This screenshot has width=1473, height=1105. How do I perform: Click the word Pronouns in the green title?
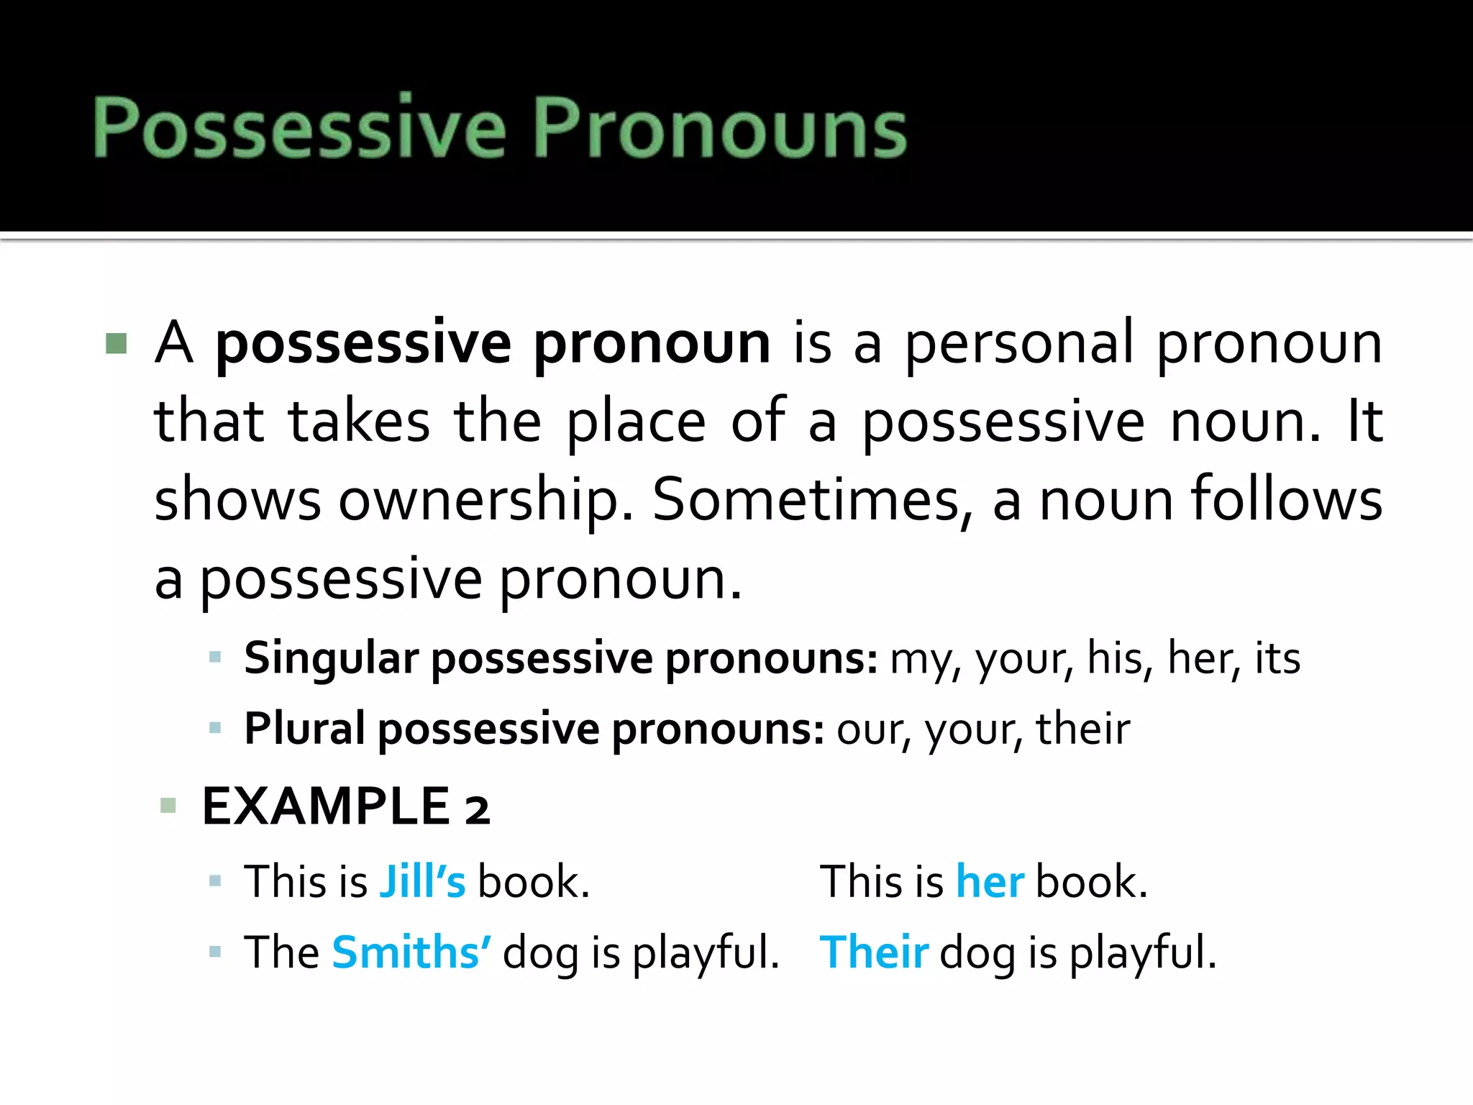[x=719, y=127]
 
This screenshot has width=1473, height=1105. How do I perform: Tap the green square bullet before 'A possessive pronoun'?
[x=116, y=343]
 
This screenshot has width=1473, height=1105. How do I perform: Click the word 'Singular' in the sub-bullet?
[x=331, y=658]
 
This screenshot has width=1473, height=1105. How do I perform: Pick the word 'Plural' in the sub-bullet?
[x=305, y=729]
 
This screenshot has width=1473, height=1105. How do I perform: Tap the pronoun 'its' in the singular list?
[x=1277, y=658]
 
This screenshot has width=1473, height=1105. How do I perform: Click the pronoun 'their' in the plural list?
[x=1082, y=729]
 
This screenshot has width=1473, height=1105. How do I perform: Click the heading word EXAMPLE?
[x=326, y=806]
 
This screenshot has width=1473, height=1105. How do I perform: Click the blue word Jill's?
[x=422, y=881]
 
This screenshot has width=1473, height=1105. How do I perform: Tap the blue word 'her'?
[x=990, y=881]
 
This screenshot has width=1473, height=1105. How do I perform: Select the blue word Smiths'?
[x=411, y=952]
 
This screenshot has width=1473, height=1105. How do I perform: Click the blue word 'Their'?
[x=874, y=952]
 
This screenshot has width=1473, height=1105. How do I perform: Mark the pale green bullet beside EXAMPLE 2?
[x=168, y=805]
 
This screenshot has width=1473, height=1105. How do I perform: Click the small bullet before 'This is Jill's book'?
[x=214, y=881]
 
